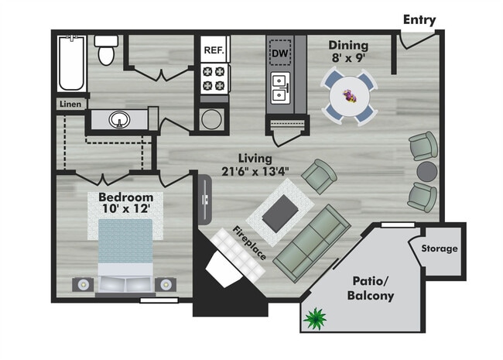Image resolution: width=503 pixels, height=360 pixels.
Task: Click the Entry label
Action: coord(419,20)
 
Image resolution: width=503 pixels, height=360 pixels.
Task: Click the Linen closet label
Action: coord(69,104)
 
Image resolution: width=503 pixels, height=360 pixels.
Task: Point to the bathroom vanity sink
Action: coord(119,120)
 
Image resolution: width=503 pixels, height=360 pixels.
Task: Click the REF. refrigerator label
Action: coord(214,50)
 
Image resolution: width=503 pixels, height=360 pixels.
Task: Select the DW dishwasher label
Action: coord(280,53)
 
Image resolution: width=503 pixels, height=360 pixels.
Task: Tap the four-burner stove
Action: coord(214,77)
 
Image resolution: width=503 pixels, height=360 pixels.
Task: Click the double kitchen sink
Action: coord(280,89)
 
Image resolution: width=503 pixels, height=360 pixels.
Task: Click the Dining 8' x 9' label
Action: coord(347,51)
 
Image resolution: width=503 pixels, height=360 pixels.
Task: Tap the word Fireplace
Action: coord(252,243)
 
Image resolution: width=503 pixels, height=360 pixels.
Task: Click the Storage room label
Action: coord(439,249)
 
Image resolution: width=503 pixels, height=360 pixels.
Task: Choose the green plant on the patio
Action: coord(315,317)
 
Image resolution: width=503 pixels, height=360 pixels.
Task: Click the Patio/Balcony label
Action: coord(373,288)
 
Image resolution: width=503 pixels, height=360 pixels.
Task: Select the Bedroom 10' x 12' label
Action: coord(131,203)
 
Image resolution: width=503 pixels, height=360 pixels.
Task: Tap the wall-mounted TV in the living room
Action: coord(205,199)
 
